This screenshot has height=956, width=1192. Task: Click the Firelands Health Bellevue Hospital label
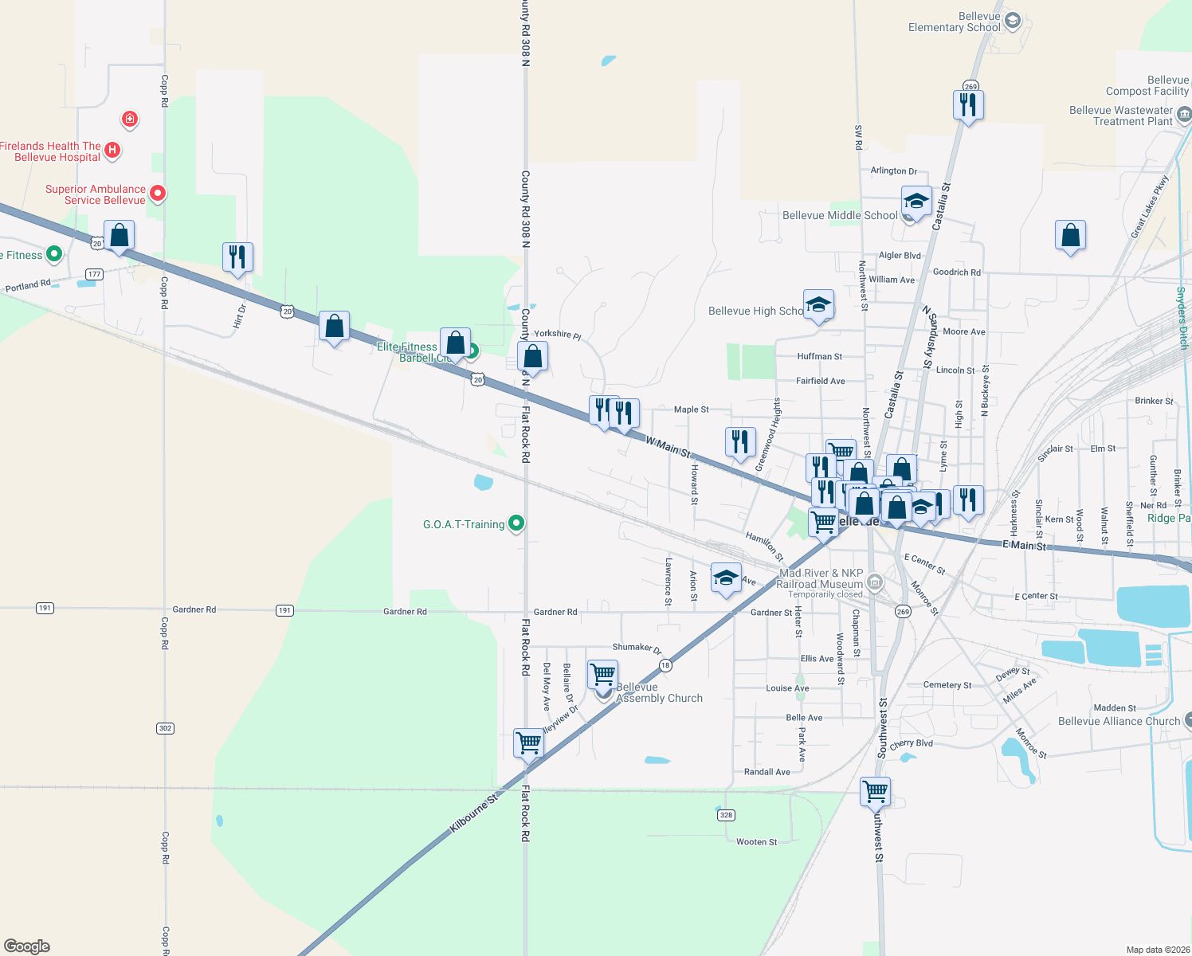click(x=52, y=151)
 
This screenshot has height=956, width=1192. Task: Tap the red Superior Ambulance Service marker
click(x=158, y=193)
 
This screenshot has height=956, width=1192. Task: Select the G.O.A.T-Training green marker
click(x=516, y=523)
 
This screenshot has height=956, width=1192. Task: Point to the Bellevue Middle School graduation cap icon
click(x=916, y=201)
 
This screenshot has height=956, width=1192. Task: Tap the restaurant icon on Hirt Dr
click(x=237, y=257)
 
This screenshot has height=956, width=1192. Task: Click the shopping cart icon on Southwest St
click(x=875, y=791)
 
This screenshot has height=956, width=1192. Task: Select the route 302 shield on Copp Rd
click(x=165, y=728)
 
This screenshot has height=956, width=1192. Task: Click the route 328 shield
click(x=725, y=815)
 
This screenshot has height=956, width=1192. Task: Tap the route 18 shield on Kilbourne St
click(x=665, y=665)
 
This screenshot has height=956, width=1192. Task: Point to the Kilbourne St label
click(x=473, y=813)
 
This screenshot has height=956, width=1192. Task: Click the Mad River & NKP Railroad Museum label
click(x=821, y=578)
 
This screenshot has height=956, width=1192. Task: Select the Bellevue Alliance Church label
click(x=1119, y=721)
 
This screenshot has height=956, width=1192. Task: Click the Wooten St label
click(x=756, y=842)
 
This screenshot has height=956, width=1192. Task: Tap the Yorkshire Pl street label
click(x=558, y=335)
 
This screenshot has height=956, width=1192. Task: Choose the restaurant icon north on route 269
click(x=968, y=104)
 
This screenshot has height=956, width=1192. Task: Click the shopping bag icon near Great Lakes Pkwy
click(x=1070, y=235)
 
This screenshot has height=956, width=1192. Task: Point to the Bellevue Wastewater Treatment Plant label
click(x=1121, y=116)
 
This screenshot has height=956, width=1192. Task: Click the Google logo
click(x=27, y=946)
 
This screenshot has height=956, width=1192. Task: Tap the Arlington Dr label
click(x=893, y=171)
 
